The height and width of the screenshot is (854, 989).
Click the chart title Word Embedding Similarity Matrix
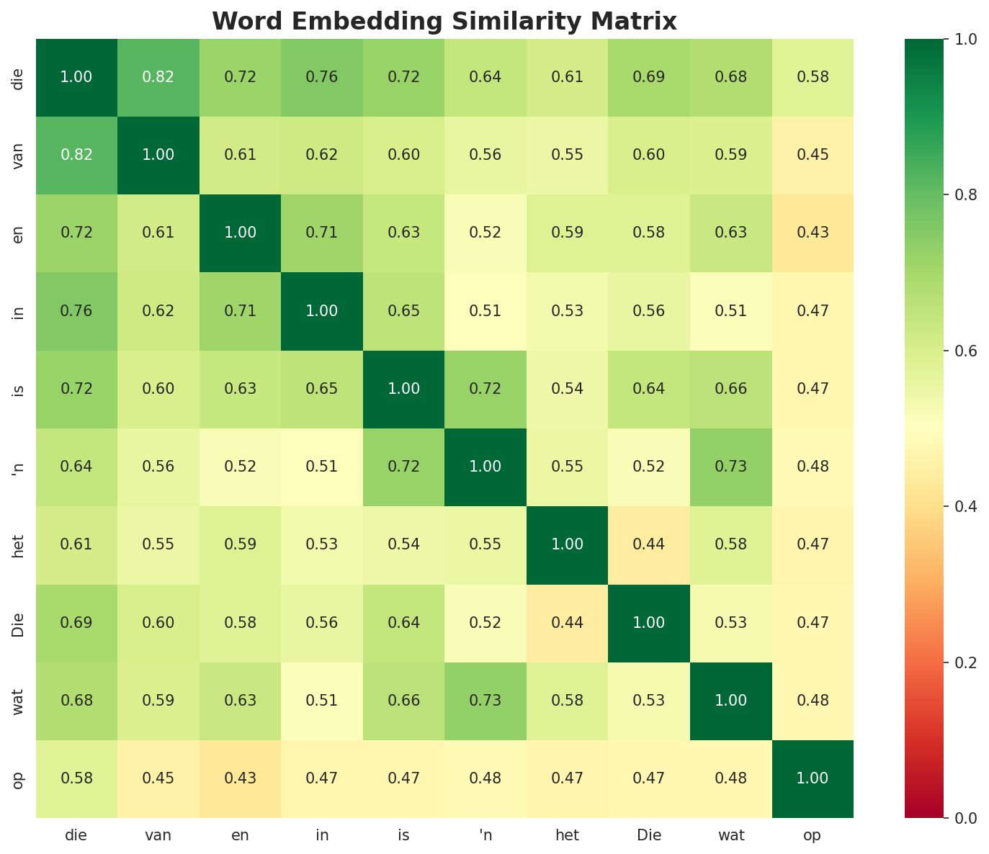(444, 22)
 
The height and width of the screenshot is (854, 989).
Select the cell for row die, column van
(158, 77)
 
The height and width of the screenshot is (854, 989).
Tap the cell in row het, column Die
(649, 544)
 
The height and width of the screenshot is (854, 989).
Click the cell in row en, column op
(813, 233)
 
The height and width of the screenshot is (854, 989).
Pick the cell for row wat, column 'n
(485, 700)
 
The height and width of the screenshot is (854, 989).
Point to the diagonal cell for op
(813, 778)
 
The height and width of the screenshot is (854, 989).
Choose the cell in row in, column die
(76, 310)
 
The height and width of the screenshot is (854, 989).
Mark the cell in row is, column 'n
(485, 389)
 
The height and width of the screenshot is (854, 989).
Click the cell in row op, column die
(76, 778)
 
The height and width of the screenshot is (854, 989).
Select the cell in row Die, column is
(403, 622)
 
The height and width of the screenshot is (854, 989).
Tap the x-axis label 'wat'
(731, 836)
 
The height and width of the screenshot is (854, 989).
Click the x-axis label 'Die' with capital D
(649, 836)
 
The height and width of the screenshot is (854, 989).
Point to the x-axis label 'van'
(158, 836)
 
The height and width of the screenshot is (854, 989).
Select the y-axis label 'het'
(19, 544)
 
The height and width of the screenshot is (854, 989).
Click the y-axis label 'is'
(19, 389)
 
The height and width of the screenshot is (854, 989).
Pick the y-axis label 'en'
(19, 233)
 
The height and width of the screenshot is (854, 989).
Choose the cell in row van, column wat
(731, 155)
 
